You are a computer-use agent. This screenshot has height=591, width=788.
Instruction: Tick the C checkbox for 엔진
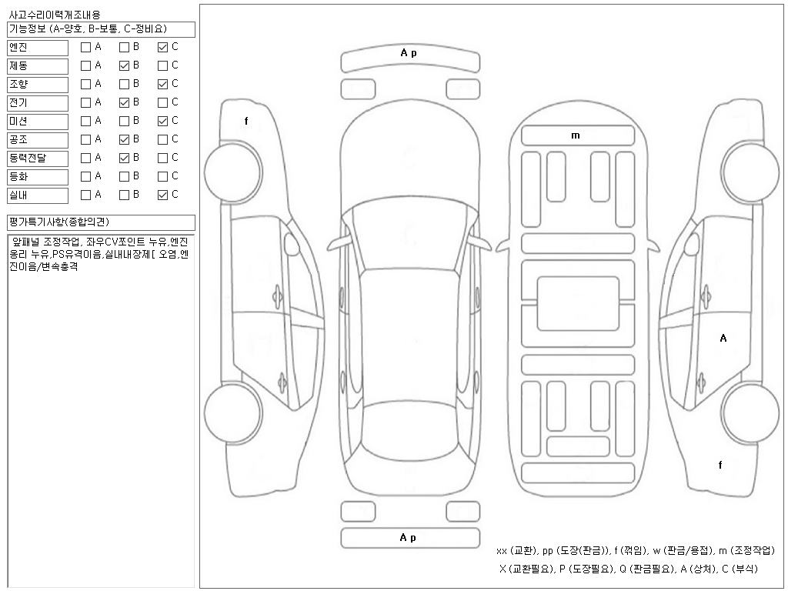(x=162, y=47)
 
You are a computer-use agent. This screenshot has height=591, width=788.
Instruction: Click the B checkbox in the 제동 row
(x=124, y=65)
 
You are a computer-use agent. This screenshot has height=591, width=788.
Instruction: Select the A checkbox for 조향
(x=85, y=84)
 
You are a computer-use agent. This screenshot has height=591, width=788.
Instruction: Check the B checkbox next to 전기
(x=124, y=102)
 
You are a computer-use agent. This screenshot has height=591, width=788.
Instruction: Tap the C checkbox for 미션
(x=162, y=121)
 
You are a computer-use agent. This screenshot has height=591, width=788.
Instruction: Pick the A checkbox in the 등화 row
(x=85, y=176)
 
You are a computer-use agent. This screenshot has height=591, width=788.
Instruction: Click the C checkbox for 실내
(x=162, y=195)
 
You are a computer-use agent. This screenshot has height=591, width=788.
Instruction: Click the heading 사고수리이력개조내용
(x=54, y=15)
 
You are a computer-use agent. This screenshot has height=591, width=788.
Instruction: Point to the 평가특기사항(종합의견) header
(x=100, y=222)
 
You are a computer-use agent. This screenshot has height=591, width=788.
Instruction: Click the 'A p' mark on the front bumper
(x=409, y=53)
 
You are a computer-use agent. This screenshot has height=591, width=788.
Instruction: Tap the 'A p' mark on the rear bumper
(x=409, y=538)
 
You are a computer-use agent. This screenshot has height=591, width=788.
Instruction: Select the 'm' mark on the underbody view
(x=576, y=135)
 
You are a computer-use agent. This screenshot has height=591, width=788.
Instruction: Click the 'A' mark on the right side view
(x=723, y=338)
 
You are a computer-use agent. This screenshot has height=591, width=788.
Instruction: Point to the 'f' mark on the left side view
(x=246, y=121)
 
